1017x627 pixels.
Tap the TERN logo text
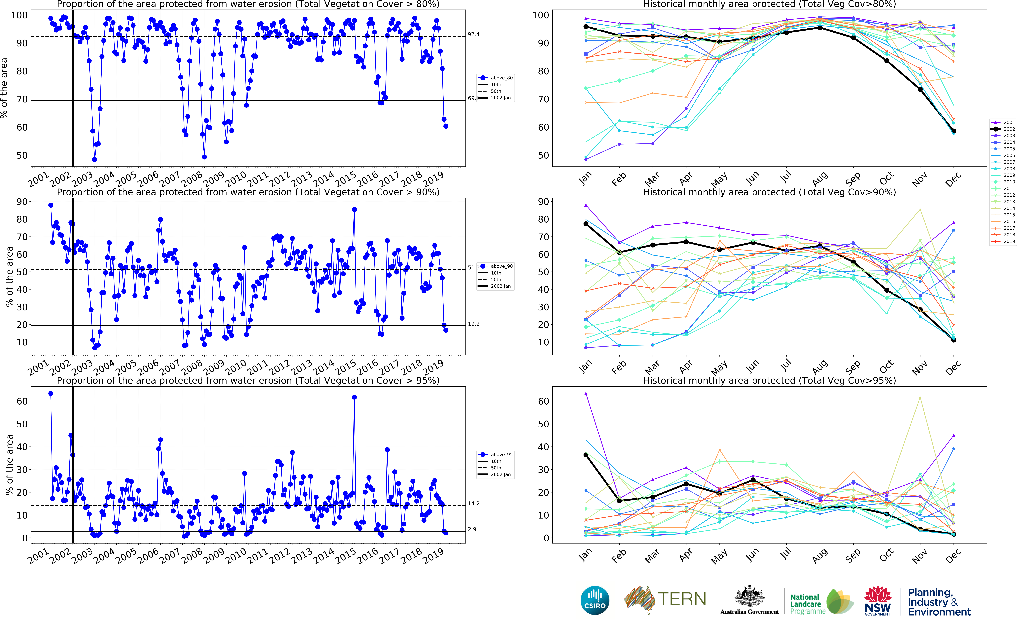(x=682, y=599)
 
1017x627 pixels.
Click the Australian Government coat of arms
(x=749, y=597)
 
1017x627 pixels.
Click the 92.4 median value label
(x=474, y=34)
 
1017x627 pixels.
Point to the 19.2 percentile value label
(x=474, y=324)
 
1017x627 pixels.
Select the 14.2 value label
(x=474, y=503)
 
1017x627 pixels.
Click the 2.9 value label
(x=472, y=529)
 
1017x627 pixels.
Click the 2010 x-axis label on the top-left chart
(x=236, y=179)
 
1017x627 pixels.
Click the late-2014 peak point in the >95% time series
(x=354, y=397)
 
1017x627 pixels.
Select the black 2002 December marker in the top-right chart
(x=953, y=131)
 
